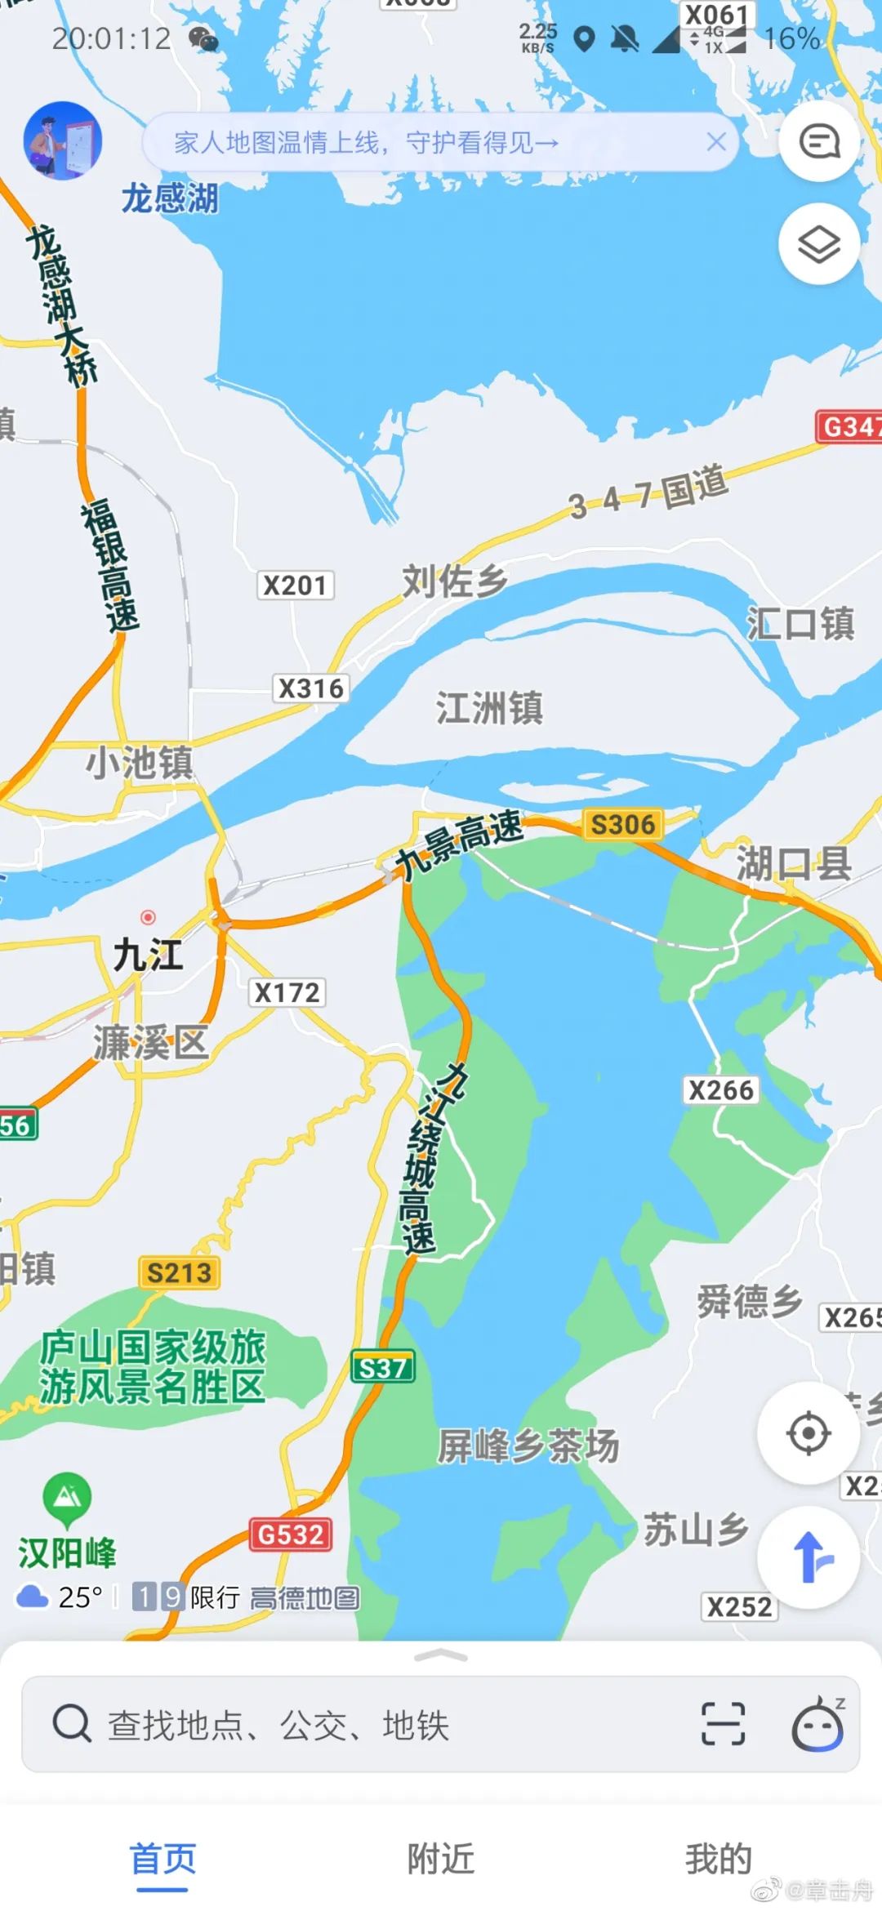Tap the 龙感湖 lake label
point(170,198)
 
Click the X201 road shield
point(295,586)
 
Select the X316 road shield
point(310,688)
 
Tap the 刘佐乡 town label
point(454,581)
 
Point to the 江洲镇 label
point(489,707)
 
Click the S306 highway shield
point(623,824)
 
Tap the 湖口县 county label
point(794,864)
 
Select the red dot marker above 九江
point(148,917)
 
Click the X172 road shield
point(287,992)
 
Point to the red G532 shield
point(291,1535)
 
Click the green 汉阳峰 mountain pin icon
point(67,1497)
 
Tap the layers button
point(818,244)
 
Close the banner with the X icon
point(716,142)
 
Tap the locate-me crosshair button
point(808,1433)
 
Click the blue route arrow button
point(808,1557)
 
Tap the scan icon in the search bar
point(723,1724)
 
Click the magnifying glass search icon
point(72,1724)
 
